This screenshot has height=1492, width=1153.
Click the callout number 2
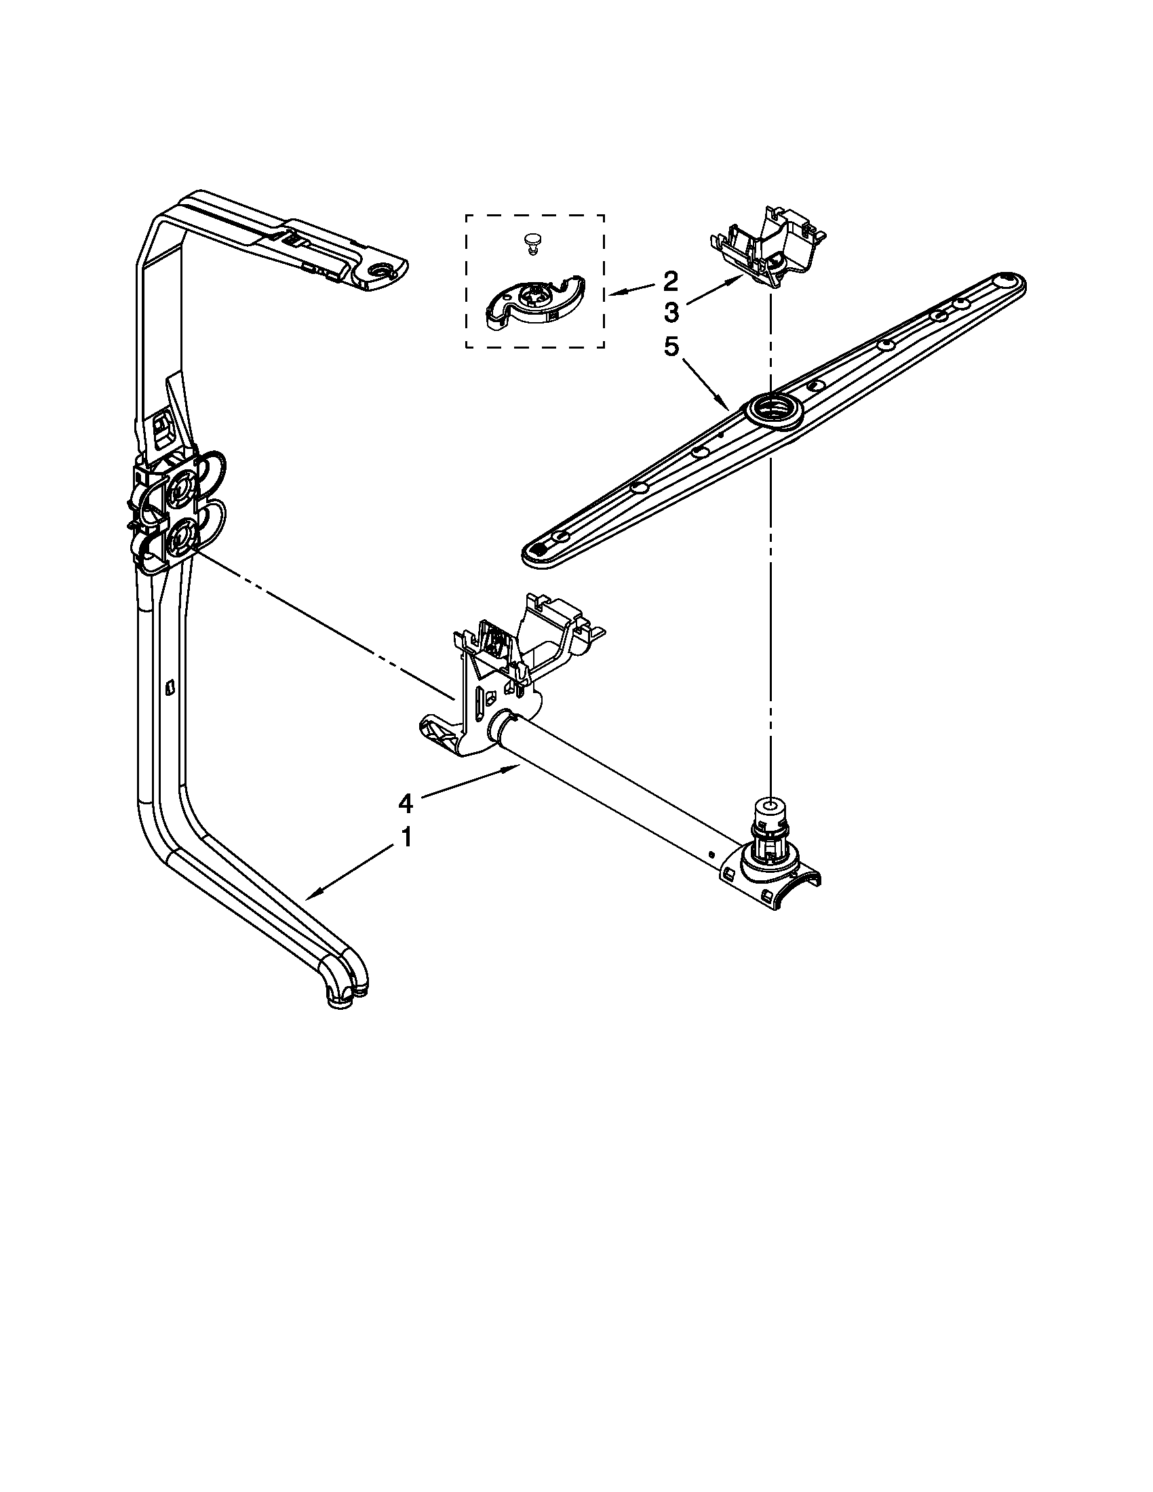tap(670, 280)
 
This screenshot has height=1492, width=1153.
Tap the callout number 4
tap(406, 804)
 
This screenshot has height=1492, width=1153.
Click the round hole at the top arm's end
tap(380, 273)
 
